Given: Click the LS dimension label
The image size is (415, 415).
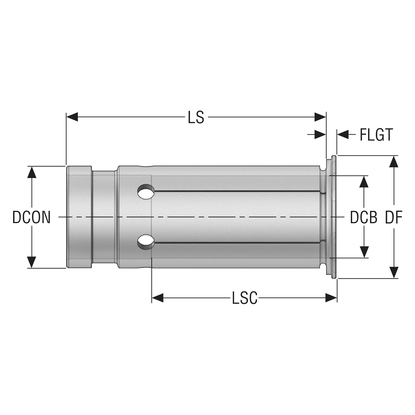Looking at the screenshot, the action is [x=196, y=117].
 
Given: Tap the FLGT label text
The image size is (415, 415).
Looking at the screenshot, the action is [x=376, y=135].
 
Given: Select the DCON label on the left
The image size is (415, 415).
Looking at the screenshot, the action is [x=31, y=217].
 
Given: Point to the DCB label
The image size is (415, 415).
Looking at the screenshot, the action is [x=363, y=217].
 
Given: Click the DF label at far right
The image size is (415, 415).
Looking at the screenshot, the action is [x=394, y=217].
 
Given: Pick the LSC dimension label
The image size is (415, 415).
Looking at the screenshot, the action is [x=245, y=298].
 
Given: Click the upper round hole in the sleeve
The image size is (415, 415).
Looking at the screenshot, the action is [x=146, y=191].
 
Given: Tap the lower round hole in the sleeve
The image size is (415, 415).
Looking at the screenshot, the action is [x=146, y=242].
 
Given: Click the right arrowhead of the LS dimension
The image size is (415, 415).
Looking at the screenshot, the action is [x=320, y=117].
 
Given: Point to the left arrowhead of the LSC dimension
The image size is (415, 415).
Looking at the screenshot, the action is [x=158, y=298].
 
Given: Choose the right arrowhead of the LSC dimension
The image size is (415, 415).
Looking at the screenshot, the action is [x=331, y=298].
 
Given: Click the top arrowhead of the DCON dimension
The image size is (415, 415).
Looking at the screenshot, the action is [x=32, y=172].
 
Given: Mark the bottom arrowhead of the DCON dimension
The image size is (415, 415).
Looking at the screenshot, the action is [x=32, y=262].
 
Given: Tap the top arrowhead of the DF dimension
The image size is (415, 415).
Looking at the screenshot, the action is [x=394, y=161].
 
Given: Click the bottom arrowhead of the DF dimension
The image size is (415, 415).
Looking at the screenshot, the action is [x=394, y=272].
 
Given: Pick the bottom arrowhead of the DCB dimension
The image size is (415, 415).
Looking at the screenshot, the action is [x=364, y=252].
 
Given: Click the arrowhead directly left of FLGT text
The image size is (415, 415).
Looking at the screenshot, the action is [x=343, y=135].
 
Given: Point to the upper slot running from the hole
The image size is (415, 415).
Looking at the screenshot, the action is [x=237, y=191].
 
